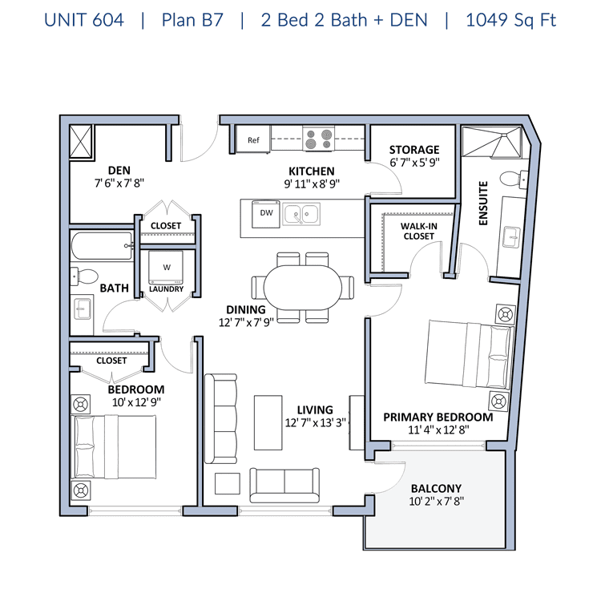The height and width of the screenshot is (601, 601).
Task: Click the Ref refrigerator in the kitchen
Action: coord(253,139)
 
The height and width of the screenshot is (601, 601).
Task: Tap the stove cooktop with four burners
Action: coord(318,139)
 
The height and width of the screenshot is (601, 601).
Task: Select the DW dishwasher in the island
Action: coord(266,213)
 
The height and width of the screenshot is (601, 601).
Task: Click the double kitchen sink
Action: coord(301,213)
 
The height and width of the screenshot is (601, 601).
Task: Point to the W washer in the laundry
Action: coord(166,268)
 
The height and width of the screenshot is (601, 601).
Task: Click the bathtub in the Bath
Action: coord(102,246)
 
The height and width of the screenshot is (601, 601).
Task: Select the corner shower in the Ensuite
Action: coord(492,141)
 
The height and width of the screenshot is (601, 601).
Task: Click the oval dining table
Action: coord(302,288)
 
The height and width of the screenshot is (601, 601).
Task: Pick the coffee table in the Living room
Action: coord(268,422)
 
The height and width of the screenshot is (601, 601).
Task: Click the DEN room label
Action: coord(119,170)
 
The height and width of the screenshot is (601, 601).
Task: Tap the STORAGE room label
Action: coord(414,150)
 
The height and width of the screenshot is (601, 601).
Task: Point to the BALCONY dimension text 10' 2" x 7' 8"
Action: coord(436,501)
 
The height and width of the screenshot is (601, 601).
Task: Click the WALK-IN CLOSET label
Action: coord(419,231)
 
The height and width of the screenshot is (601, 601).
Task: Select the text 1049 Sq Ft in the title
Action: coord(510,20)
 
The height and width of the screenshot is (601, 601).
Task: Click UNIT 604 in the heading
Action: coord(84,20)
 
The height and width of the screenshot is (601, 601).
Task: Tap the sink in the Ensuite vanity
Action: coord(511,237)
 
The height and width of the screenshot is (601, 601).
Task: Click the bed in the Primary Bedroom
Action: coord(469,354)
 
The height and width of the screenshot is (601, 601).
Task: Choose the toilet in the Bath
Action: coord(84,276)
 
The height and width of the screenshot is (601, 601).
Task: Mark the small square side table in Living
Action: coord(228,483)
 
